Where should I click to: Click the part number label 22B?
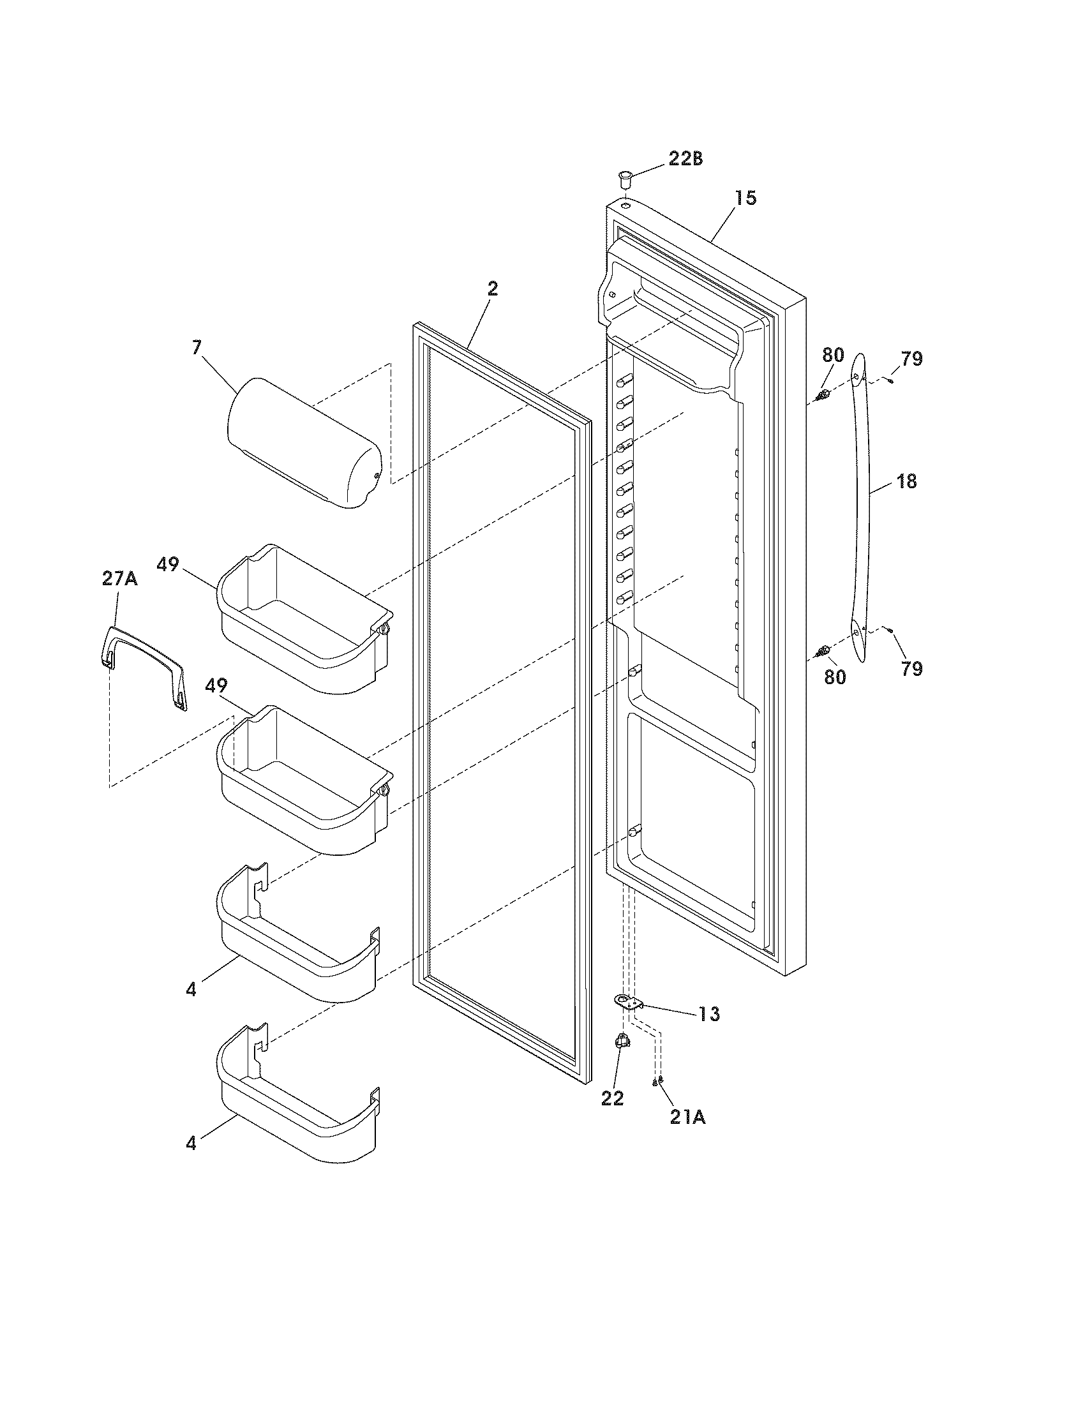pos(685,159)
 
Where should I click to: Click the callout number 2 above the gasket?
pos(491,288)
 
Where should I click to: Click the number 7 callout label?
pos(196,348)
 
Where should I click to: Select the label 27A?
pos(119,579)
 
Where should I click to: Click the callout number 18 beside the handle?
pos(906,481)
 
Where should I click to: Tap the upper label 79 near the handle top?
pos(911,359)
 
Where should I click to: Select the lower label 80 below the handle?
pos(835,676)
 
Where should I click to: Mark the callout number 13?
pos(710,1014)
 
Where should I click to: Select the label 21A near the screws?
pos(687,1118)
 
